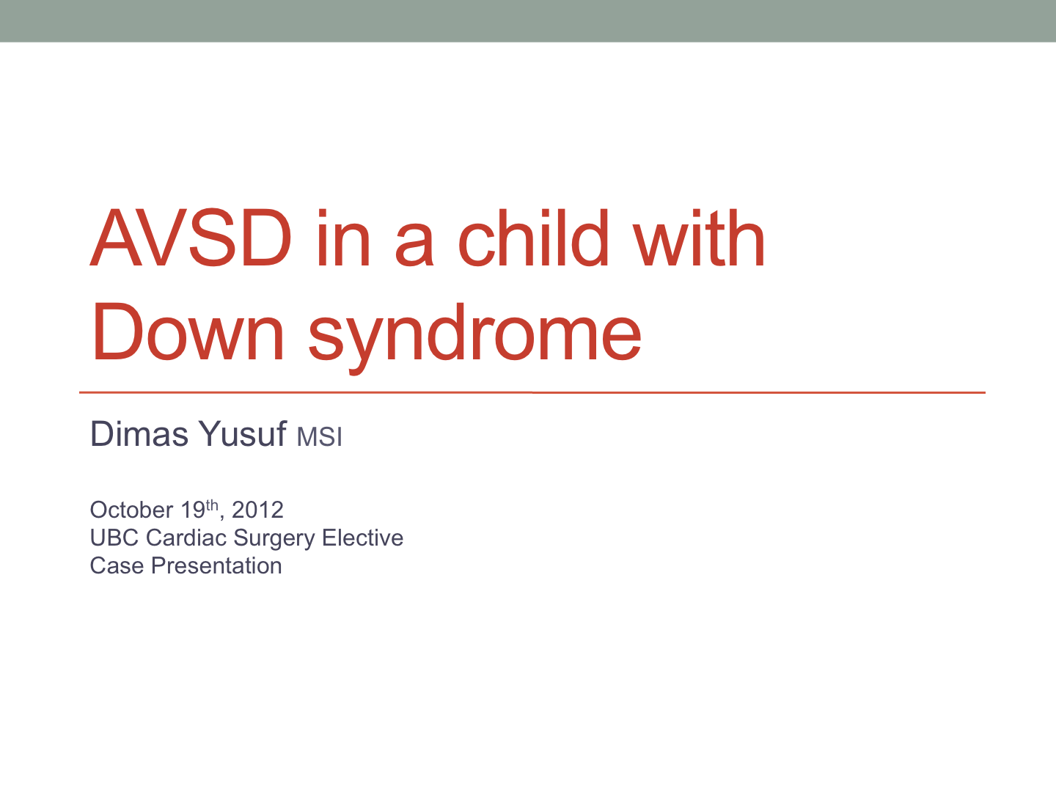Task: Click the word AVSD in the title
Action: tap(191, 238)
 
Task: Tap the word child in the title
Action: tap(533, 238)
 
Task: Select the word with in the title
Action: tap(699, 238)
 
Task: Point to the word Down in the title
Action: tap(188, 331)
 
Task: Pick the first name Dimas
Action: tap(139, 433)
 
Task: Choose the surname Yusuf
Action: tap(243, 433)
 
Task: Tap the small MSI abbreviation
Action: tap(320, 437)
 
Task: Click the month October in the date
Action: tap(131, 510)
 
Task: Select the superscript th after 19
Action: tap(212, 505)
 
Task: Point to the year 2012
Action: tap(258, 510)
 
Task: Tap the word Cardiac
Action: tap(186, 538)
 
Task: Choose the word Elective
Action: tap(363, 538)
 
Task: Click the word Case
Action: tap(117, 565)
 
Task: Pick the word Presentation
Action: tap(216, 565)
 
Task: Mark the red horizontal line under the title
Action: tap(532, 392)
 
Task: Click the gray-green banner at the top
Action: tap(528, 21)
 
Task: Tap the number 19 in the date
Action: tap(193, 510)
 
